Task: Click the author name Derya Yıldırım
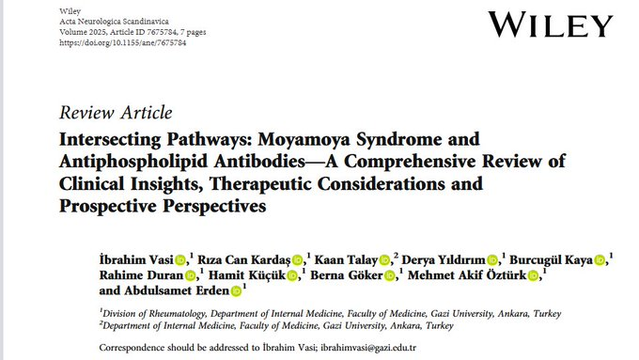(447, 259)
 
